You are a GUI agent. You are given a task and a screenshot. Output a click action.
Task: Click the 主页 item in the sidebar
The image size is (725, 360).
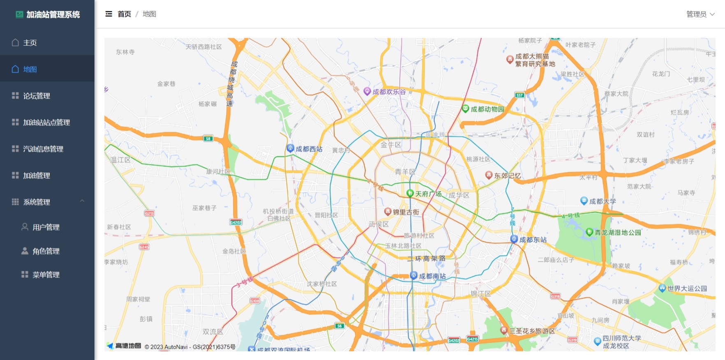click(x=30, y=43)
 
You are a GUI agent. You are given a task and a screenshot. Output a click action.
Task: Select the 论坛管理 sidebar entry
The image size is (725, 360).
click(x=37, y=96)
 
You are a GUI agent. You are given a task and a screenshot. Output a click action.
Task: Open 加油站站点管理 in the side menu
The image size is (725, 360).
click(x=46, y=122)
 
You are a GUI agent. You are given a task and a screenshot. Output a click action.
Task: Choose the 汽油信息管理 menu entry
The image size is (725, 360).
click(x=43, y=149)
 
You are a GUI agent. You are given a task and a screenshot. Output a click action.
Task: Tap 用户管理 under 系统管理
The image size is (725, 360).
click(x=46, y=227)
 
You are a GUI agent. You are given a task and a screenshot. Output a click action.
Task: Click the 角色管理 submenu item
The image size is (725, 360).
click(x=46, y=251)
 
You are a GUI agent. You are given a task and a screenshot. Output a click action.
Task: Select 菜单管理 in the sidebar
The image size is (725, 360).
click(x=46, y=275)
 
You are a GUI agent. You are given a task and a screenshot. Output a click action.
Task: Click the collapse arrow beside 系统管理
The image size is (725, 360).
click(x=82, y=201)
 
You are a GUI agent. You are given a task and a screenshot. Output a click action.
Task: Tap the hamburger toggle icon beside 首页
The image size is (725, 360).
click(x=109, y=14)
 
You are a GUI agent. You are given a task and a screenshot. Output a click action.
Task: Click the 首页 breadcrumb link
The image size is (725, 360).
click(x=124, y=14)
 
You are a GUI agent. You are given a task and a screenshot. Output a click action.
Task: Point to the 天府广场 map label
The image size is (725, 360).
click(x=428, y=194)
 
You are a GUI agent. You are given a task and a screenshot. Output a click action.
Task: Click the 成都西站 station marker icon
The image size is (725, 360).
click(x=290, y=148)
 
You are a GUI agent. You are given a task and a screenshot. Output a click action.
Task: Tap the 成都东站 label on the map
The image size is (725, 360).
click(x=533, y=240)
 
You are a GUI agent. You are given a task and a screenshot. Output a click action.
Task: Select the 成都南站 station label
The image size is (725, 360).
click(x=432, y=276)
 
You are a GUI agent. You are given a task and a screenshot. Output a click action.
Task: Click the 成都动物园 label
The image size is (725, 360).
click(x=487, y=109)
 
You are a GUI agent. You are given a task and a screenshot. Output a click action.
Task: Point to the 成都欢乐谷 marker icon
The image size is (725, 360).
click(x=367, y=92)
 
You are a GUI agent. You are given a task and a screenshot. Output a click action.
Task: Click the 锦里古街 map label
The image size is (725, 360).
click(x=406, y=212)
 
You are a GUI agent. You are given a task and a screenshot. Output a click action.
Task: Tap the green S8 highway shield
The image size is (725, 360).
click(x=208, y=138)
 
